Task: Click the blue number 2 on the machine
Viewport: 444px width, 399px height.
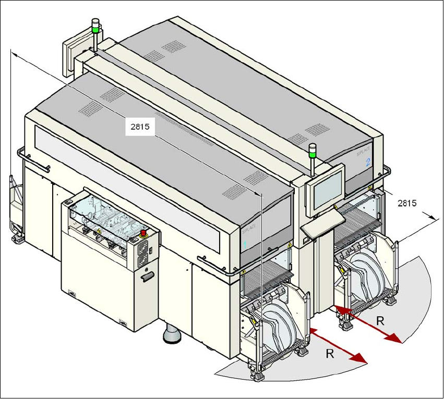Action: click(x=368, y=162)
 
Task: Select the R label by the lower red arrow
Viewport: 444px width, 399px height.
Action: click(x=330, y=354)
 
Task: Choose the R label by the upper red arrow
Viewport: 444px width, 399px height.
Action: click(x=380, y=321)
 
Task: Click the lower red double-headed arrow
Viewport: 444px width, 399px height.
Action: click(x=338, y=345)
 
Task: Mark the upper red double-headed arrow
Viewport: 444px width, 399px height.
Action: click(x=369, y=325)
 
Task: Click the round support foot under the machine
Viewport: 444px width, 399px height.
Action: click(x=172, y=335)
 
